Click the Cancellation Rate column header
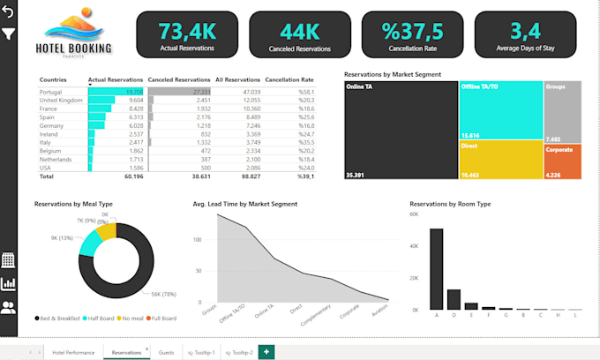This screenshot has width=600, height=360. click(289, 79)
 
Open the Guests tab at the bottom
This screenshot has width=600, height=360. click(166, 352)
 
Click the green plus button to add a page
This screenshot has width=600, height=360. click(266, 352)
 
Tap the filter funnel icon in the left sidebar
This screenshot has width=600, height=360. click(9, 34)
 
